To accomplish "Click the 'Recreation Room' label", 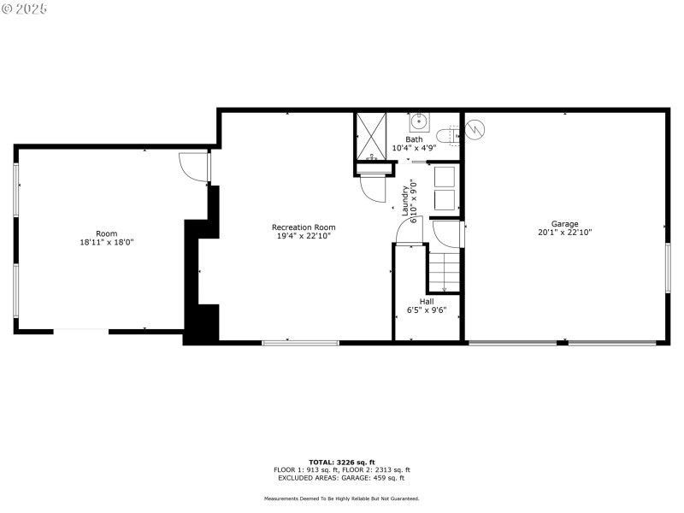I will click(304, 227).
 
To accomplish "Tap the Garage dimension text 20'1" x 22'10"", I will click(564, 233).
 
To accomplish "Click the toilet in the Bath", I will click(447, 134).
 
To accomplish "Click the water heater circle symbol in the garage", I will click(475, 130).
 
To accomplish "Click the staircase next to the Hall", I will click(444, 272).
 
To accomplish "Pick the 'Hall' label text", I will click(426, 302).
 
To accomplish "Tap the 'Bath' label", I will click(414, 139).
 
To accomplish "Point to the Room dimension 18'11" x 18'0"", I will click(106, 243).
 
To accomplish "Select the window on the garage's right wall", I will click(668, 268).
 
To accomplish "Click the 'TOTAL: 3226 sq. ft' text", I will click(342, 462).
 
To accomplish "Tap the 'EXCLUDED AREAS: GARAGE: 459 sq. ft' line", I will click(342, 478).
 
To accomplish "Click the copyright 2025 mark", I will click(25, 9).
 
